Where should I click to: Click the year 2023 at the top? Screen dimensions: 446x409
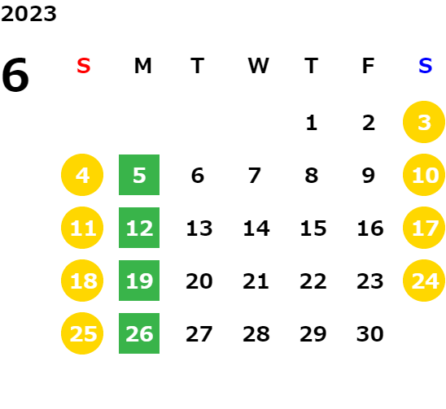28,14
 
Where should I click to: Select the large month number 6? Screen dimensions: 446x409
15,75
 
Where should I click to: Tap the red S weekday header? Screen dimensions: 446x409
84,66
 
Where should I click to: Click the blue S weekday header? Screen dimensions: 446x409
425,66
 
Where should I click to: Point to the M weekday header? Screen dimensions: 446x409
142,66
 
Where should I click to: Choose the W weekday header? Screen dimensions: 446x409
258,66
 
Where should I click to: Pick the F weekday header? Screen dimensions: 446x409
368,66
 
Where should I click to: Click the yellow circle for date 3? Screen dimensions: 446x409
424,122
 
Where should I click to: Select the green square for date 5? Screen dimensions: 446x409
139,175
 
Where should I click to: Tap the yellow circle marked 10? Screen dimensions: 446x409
424,175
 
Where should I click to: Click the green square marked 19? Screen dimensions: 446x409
139,281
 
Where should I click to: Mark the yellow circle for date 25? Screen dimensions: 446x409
82,333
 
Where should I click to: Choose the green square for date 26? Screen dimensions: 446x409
139,333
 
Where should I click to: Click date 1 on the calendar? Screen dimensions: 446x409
312,123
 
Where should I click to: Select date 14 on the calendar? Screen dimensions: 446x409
256,228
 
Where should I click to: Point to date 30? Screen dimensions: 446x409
370,334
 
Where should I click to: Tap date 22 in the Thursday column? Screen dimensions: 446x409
313,281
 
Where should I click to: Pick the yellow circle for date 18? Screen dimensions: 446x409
82,281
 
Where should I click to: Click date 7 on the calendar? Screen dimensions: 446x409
255,176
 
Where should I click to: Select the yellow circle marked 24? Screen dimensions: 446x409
424,281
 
